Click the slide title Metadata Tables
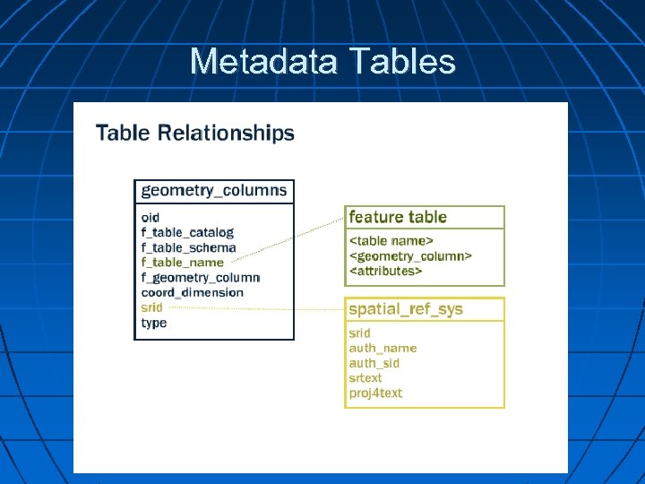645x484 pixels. (322, 62)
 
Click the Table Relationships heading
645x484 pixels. (194, 134)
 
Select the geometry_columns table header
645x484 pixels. (214, 190)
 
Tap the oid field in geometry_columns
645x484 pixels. (150, 217)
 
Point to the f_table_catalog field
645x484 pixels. (187, 232)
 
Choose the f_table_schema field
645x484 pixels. (188, 247)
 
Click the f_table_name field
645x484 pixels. (183, 263)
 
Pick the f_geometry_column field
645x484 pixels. (200, 278)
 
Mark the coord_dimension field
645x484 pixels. (192, 292)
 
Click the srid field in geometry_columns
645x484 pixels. (152, 307)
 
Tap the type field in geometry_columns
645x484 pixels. (154, 323)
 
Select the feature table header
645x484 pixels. (398, 217)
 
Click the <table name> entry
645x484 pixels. (391, 240)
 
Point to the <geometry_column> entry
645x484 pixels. (410, 255)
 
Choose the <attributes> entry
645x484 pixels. (385, 270)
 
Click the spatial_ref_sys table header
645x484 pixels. (406, 309)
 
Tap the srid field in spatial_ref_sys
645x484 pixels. (359, 333)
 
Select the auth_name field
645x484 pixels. (383, 348)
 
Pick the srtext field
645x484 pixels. (365, 378)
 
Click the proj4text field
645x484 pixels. (375, 393)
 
